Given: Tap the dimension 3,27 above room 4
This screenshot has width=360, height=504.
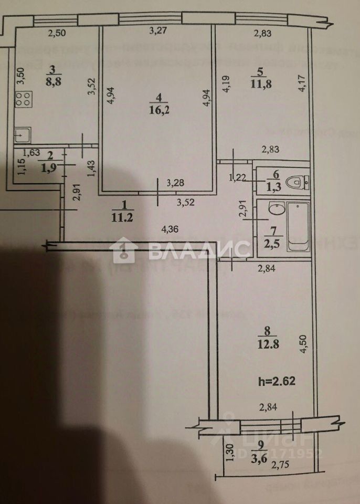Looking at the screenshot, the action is click(x=157, y=31).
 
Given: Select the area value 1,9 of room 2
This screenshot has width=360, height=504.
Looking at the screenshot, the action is click(x=49, y=167).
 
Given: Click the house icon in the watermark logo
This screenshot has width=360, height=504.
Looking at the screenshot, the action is click(x=125, y=250).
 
